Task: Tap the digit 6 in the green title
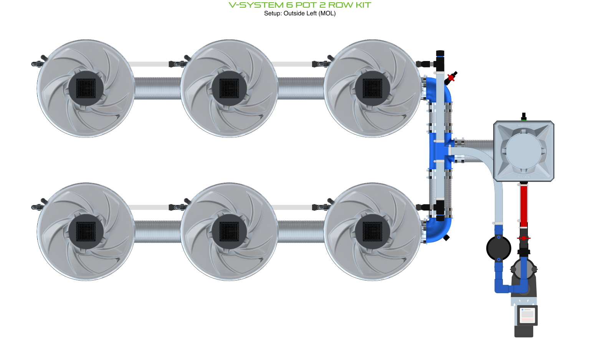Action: pos(289,5)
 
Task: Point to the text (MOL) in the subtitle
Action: pos(327,13)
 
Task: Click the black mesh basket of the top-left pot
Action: pos(86,88)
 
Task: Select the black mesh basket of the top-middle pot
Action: pos(229,88)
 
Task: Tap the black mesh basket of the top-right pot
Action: pos(372,88)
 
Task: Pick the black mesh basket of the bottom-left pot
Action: pos(86,231)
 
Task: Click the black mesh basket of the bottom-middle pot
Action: pos(229,231)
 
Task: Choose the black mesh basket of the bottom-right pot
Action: pos(372,231)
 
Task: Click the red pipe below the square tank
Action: pos(524,205)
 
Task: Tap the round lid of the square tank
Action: pos(524,151)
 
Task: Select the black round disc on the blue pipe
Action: pos(499,248)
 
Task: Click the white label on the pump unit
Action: pos(527,315)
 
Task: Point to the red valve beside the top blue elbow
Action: pos(451,78)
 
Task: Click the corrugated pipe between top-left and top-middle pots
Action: pos(157,88)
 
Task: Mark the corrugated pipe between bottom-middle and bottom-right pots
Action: pos(301,231)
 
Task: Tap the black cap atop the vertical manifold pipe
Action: pos(440,53)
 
